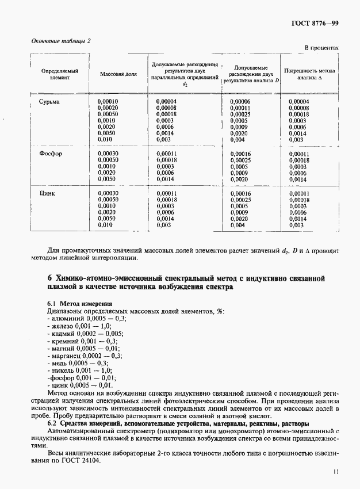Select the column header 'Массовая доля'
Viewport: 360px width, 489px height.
118,75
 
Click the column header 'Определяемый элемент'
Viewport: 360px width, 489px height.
59,75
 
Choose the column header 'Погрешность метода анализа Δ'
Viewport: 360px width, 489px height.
310,75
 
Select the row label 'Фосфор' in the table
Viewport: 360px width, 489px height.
51,154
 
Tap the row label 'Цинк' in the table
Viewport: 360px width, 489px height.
47,194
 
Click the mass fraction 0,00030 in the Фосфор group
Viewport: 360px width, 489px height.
108,154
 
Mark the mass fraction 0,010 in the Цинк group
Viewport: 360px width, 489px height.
105,226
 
